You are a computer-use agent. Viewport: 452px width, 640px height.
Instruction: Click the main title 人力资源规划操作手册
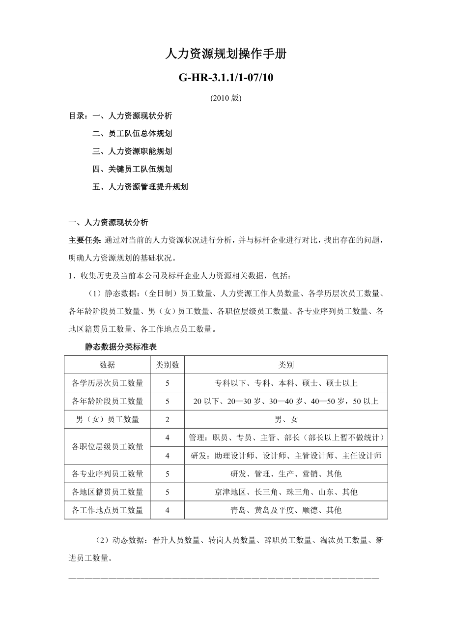point(226,55)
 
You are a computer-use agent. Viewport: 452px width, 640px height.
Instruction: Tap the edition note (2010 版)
point(226,98)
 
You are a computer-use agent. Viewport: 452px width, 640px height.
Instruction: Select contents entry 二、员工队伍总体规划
point(132,134)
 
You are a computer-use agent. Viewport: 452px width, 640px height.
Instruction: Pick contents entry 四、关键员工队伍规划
point(132,169)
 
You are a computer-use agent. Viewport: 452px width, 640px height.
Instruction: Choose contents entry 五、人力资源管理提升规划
point(140,187)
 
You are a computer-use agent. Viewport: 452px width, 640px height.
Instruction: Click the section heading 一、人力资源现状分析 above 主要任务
point(108,222)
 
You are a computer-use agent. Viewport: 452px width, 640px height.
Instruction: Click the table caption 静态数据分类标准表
point(121,347)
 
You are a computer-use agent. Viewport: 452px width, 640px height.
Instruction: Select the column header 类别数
point(168,365)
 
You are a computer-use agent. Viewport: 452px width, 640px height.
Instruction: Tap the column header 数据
point(108,365)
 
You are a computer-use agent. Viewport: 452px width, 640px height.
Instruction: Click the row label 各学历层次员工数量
point(108,383)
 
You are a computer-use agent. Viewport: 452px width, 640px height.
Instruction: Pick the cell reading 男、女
point(286,419)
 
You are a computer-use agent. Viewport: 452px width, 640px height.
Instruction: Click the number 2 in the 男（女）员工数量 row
point(168,419)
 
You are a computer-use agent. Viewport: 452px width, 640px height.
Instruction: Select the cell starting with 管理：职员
point(286,437)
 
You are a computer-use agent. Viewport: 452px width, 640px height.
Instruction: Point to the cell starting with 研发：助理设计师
point(286,456)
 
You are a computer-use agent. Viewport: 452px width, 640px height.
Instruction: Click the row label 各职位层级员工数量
point(108,446)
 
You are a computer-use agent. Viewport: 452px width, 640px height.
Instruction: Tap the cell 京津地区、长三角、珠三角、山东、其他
point(286,492)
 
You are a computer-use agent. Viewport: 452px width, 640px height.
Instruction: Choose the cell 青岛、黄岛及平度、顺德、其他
point(286,510)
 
